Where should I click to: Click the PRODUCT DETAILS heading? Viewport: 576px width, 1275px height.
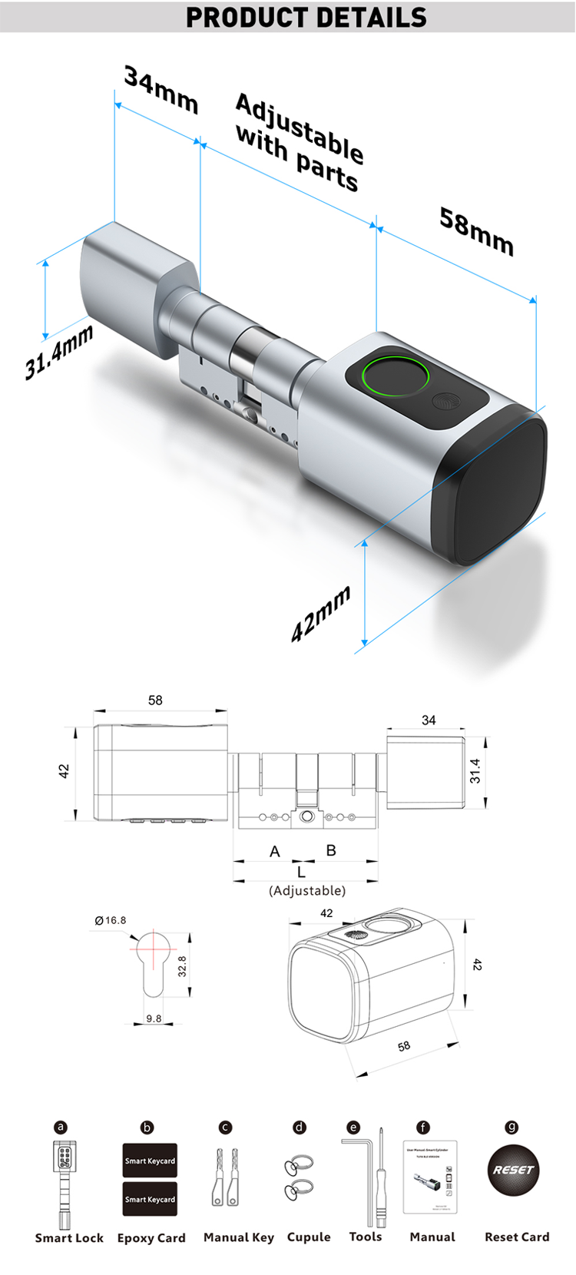[x=306, y=17]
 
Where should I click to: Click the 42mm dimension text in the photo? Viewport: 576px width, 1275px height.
[x=321, y=614]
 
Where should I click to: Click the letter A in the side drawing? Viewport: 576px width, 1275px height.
[x=275, y=851]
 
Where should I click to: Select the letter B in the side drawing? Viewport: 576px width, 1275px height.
[x=331, y=850]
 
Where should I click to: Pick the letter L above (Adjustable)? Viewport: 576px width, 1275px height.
[x=301, y=872]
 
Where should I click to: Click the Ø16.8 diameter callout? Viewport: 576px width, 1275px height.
[x=111, y=920]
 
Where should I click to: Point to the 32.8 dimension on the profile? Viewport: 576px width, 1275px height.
[x=182, y=966]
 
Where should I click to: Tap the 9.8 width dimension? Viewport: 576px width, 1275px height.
[x=154, y=1018]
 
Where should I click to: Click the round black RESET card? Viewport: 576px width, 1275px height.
[x=513, y=1170]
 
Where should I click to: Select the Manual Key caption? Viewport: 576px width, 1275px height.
[x=238, y=1237]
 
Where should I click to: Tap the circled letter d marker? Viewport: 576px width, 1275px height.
[x=300, y=1128]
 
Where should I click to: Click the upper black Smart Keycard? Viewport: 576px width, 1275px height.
[x=150, y=1161]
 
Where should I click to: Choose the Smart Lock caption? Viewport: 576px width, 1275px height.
[x=69, y=1238]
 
